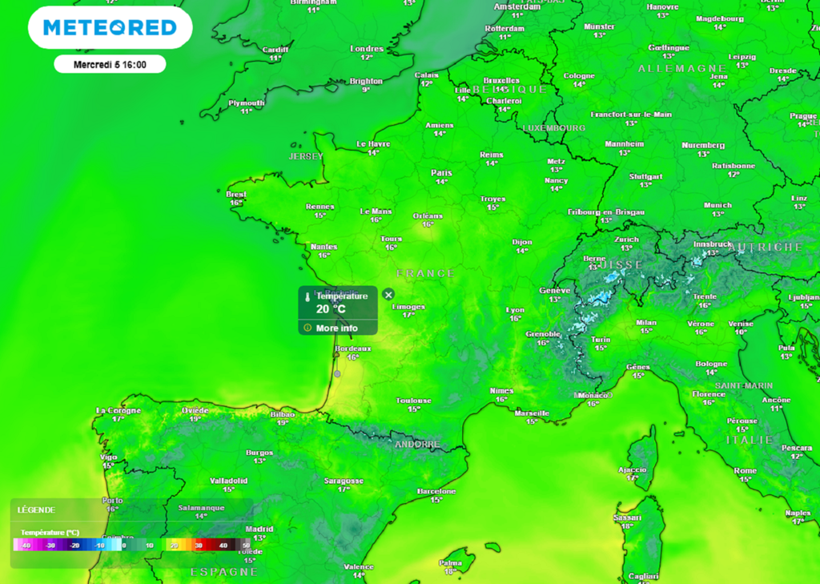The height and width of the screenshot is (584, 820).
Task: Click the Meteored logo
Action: coord(110,27)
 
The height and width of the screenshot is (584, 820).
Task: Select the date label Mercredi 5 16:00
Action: coord(110,64)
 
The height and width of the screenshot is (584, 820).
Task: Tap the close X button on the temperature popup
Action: coord(388,295)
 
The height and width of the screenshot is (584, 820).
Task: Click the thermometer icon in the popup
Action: coord(306,298)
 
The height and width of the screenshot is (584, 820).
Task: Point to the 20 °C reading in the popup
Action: coord(331,309)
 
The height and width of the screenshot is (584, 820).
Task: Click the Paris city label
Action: coord(441,173)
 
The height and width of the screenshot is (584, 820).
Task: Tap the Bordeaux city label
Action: coord(353,348)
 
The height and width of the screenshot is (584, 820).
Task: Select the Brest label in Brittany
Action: coord(236,195)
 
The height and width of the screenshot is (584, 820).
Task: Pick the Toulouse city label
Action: coord(413,401)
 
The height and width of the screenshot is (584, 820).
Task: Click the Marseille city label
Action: coord(533,413)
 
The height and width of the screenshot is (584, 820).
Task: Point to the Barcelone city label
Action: coord(436,491)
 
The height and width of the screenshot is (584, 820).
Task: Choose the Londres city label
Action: coord(367,49)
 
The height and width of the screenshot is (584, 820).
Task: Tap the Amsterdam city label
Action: coord(517,6)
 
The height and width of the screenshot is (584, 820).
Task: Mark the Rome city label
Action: coord(745,471)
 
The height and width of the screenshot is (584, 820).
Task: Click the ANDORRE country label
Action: coord(417,444)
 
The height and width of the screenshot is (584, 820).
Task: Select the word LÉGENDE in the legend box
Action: coord(36,509)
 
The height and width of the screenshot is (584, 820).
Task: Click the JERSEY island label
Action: coord(306,156)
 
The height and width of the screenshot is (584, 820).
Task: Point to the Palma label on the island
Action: coord(452,562)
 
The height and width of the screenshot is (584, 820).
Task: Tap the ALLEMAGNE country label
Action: coord(681,69)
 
